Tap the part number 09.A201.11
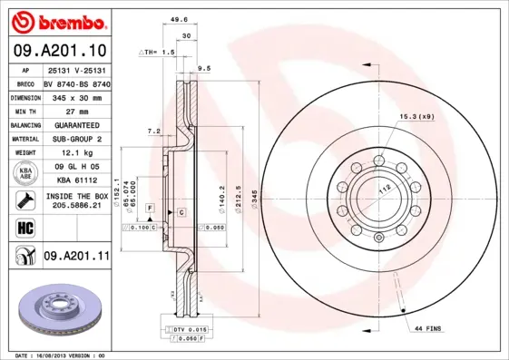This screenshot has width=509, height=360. pos(75,257)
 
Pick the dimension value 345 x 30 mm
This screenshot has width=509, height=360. pos(75,95)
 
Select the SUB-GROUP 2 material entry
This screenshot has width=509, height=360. pos(75,139)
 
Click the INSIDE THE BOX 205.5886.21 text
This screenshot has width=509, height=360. pos(75,201)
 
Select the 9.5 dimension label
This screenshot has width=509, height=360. pos(203,68)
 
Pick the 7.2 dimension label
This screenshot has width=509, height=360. pos(154,131)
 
